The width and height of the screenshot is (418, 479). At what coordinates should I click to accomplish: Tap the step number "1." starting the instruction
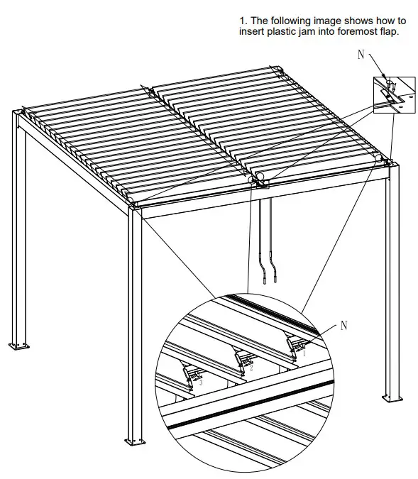tap(243, 20)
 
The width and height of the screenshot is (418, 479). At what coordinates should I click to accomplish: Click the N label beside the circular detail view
tap(344, 325)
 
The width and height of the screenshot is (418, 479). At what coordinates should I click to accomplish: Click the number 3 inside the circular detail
tap(201, 382)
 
